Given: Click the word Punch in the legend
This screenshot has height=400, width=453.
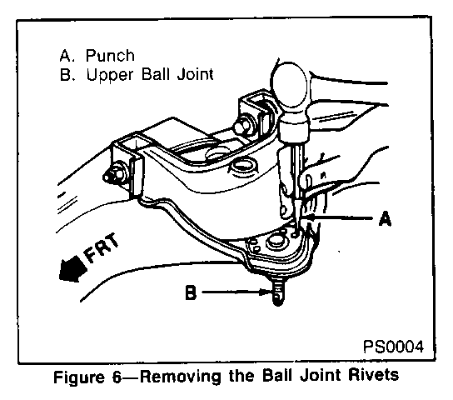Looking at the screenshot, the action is point(110,56).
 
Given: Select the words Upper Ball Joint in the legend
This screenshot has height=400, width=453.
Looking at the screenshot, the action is point(150,75).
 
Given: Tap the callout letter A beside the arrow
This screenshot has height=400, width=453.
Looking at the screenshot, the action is point(385,218).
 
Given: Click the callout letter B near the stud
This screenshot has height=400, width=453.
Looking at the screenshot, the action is point(191,292).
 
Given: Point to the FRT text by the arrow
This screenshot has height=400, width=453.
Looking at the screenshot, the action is point(101,247).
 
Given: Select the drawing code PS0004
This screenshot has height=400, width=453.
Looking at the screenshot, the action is point(393,346).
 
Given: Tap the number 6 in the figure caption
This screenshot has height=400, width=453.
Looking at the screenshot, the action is point(117,377).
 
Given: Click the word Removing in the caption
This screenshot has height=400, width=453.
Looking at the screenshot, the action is point(182,377).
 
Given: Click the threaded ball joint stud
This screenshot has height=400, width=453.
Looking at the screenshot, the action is point(277,292).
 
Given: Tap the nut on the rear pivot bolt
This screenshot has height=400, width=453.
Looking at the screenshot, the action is point(242,126).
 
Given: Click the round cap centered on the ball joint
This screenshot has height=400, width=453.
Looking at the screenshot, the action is point(276,242).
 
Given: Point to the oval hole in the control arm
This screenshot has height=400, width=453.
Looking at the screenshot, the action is point(241,166).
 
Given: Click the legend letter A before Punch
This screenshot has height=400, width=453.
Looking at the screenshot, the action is point(66,56).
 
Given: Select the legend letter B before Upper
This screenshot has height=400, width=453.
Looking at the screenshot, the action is point(65,75).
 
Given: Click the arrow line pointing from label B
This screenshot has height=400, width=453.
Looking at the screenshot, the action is point(236,292).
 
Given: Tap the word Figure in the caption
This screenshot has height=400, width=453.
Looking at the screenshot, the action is point(78,377).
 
